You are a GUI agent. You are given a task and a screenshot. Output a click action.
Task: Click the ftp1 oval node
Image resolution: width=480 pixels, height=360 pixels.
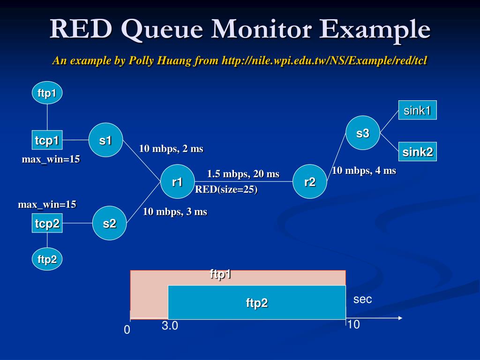(x=47, y=93)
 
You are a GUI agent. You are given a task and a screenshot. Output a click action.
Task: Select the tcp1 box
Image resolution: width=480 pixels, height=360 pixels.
(x=47, y=140)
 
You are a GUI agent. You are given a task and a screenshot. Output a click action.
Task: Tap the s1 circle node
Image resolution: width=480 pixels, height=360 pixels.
(x=105, y=140)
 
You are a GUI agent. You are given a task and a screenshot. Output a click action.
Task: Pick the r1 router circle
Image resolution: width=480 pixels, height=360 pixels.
(x=178, y=181)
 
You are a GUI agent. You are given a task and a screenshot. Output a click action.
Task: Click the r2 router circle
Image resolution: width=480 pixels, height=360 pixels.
(x=310, y=181)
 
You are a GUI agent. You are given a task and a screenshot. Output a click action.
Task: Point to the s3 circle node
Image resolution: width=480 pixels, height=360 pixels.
(x=363, y=133)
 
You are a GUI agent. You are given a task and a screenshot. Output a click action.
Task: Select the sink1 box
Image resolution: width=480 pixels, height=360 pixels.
(x=418, y=110)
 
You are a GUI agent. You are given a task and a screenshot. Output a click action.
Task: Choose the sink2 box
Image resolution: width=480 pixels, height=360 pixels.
(x=418, y=152)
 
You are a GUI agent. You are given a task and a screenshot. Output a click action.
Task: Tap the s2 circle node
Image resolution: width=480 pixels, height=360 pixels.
(x=109, y=223)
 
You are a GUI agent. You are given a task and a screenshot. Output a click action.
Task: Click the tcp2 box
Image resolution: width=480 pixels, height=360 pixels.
(x=47, y=223)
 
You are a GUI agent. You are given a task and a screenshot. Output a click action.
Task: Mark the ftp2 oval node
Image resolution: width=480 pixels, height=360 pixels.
(x=47, y=259)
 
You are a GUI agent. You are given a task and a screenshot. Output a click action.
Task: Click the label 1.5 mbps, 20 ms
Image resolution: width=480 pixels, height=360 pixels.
(x=243, y=174)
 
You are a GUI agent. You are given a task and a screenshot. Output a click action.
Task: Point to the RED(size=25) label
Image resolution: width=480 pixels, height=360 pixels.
(x=226, y=189)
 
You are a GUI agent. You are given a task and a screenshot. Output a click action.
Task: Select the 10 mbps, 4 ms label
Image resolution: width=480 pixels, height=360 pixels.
(x=364, y=171)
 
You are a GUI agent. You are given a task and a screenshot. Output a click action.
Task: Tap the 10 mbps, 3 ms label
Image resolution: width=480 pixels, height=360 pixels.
(x=175, y=211)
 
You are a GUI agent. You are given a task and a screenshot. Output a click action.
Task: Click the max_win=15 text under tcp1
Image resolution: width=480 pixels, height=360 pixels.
(x=51, y=159)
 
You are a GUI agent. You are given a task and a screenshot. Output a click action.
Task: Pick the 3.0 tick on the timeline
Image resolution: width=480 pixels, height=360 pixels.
(x=170, y=325)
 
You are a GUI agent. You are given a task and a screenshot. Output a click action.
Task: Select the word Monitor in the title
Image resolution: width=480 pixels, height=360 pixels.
(x=262, y=29)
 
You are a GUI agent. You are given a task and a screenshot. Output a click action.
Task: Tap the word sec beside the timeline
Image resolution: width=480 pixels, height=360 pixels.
(x=362, y=299)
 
